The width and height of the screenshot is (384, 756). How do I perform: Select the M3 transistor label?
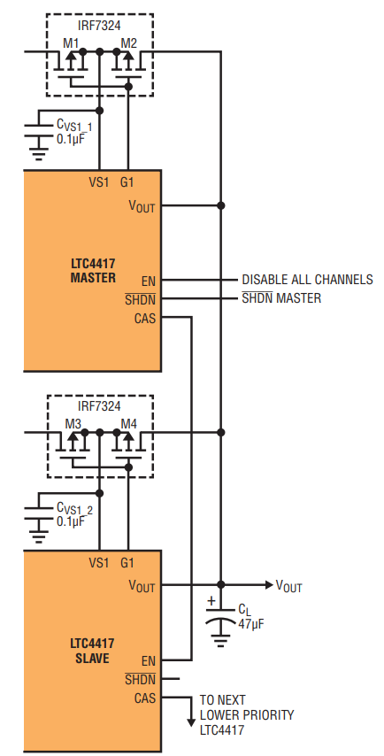(73, 424)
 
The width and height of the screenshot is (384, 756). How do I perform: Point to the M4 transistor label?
(128, 424)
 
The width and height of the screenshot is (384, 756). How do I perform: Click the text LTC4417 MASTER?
(93, 271)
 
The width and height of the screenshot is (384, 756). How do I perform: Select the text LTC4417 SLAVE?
(93, 651)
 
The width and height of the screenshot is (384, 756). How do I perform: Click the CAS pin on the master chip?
(145, 318)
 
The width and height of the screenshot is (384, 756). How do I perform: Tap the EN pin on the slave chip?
(149, 661)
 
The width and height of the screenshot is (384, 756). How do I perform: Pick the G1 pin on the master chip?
(127, 182)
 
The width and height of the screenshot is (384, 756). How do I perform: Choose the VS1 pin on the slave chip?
(99, 563)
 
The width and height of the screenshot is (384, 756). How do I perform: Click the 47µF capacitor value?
(251, 623)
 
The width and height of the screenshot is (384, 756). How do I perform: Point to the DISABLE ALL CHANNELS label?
(307, 280)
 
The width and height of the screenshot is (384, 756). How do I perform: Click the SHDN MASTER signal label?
(281, 298)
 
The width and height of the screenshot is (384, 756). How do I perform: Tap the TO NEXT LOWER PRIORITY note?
(247, 715)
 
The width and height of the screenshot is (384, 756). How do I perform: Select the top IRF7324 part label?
(99, 24)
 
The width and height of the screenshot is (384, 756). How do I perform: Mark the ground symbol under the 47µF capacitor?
(220, 640)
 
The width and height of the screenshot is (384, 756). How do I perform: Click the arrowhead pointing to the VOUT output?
(268, 585)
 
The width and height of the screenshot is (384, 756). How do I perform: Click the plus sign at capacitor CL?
(211, 601)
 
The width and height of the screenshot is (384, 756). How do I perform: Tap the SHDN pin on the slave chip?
(140, 679)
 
